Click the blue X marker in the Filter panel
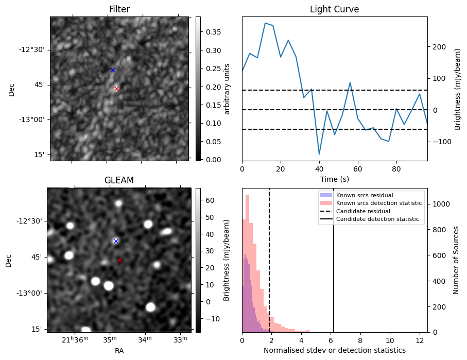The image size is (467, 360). [x=113, y=71]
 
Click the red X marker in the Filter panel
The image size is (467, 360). [x=116, y=89]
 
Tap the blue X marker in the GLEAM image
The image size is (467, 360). [x=116, y=241]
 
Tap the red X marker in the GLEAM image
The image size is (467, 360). [x=119, y=260]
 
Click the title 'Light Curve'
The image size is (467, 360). [x=335, y=9]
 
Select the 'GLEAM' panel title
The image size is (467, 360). [x=119, y=180]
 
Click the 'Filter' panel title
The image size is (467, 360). [x=119, y=9]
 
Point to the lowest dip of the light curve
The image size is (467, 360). [x=319, y=154]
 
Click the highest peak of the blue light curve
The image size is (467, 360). [x=265, y=23]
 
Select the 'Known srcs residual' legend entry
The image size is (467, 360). [x=365, y=195]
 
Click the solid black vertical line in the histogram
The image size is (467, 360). [x=334, y=260]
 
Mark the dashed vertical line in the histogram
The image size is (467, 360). [x=269, y=260]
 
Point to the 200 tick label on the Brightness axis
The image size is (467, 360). [x=440, y=47]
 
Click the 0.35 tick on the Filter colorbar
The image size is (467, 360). [x=213, y=32]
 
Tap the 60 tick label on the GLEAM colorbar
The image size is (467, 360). [x=210, y=200]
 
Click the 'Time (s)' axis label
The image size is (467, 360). [x=335, y=179]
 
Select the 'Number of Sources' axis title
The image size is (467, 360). [x=456, y=260]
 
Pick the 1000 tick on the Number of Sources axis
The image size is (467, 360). [x=441, y=204]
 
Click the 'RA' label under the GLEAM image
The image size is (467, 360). [x=119, y=351]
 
